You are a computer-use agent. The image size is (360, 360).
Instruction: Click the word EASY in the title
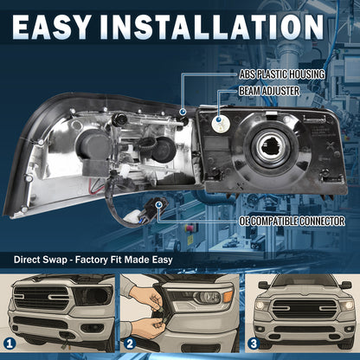click(x=51, y=27)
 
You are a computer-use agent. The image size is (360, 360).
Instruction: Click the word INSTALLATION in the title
click(x=213, y=27)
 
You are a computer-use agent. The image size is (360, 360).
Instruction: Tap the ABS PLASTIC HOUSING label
click(x=282, y=74)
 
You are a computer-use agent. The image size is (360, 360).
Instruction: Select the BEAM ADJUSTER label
click(x=269, y=91)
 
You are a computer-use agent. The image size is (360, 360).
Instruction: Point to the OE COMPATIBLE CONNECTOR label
click(x=292, y=222)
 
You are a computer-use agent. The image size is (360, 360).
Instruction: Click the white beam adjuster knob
click(x=219, y=123)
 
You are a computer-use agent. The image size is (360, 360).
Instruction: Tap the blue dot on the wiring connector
click(x=157, y=205)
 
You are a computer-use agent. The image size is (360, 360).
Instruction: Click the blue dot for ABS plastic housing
click(x=183, y=112)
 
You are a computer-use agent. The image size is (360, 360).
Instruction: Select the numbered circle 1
click(x=10, y=344)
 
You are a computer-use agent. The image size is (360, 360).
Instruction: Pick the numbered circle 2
click(x=130, y=344)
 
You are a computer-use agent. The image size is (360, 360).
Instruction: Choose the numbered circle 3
click(x=254, y=344)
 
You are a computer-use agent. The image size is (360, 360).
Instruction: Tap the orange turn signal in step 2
click(x=228, y=296)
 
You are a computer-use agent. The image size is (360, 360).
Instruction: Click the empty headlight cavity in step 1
click(x=93, y=296)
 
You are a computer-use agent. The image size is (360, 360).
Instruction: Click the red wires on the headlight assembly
click(x=96, y=184)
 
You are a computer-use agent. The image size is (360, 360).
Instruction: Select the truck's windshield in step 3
click(x=305, y=280)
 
